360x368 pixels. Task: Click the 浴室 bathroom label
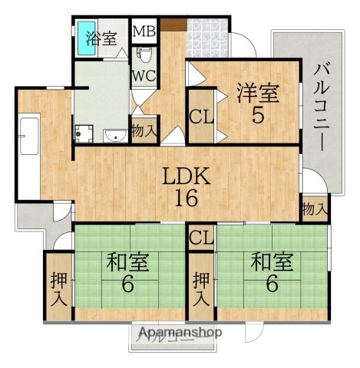101,38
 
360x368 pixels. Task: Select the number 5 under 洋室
258,117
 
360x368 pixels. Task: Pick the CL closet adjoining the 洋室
201,117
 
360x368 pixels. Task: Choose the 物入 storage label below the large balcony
314,208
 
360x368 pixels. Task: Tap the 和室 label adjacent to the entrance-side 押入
127,263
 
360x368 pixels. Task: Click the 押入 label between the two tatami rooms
202,288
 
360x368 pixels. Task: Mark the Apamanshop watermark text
180,333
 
